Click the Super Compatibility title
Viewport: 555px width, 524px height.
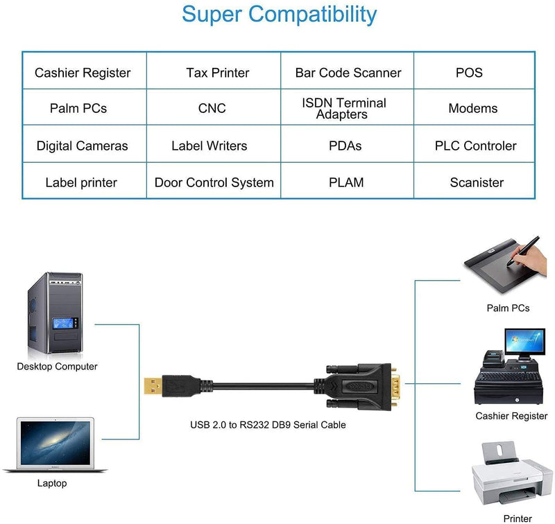pos(280,14)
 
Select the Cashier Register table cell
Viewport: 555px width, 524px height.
pos(83,73)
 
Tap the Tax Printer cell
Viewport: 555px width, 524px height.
pos(217,73)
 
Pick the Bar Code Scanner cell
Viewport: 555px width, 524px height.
pos(348,73)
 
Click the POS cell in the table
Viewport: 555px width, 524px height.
pos(469,73)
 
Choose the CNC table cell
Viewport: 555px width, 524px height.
pos(212,109)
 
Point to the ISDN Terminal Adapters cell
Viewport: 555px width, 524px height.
pos(343,108)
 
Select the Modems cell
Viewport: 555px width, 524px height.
pos(472,109)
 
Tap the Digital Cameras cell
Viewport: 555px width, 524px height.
pos(82,146)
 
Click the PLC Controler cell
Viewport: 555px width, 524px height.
pos(475,146)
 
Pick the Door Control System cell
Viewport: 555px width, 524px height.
pos(214,183)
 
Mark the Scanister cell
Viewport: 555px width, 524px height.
pos(476,183)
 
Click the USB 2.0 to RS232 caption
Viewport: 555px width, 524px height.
pos(268,425)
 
